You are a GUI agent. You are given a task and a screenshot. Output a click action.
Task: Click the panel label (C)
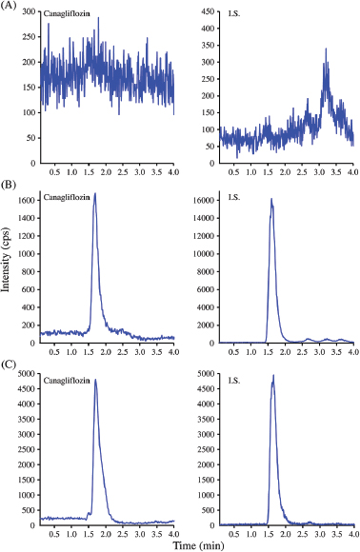[x=11, y=363]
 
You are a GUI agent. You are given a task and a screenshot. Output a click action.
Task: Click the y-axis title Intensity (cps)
[x=8, y=271]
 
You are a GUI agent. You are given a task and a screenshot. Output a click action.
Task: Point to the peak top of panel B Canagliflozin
[x=94, y=194]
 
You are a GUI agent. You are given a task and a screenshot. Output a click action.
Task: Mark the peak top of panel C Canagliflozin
[x=95, y=380]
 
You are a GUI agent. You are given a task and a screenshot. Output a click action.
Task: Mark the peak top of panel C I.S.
[x=273, y=375]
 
